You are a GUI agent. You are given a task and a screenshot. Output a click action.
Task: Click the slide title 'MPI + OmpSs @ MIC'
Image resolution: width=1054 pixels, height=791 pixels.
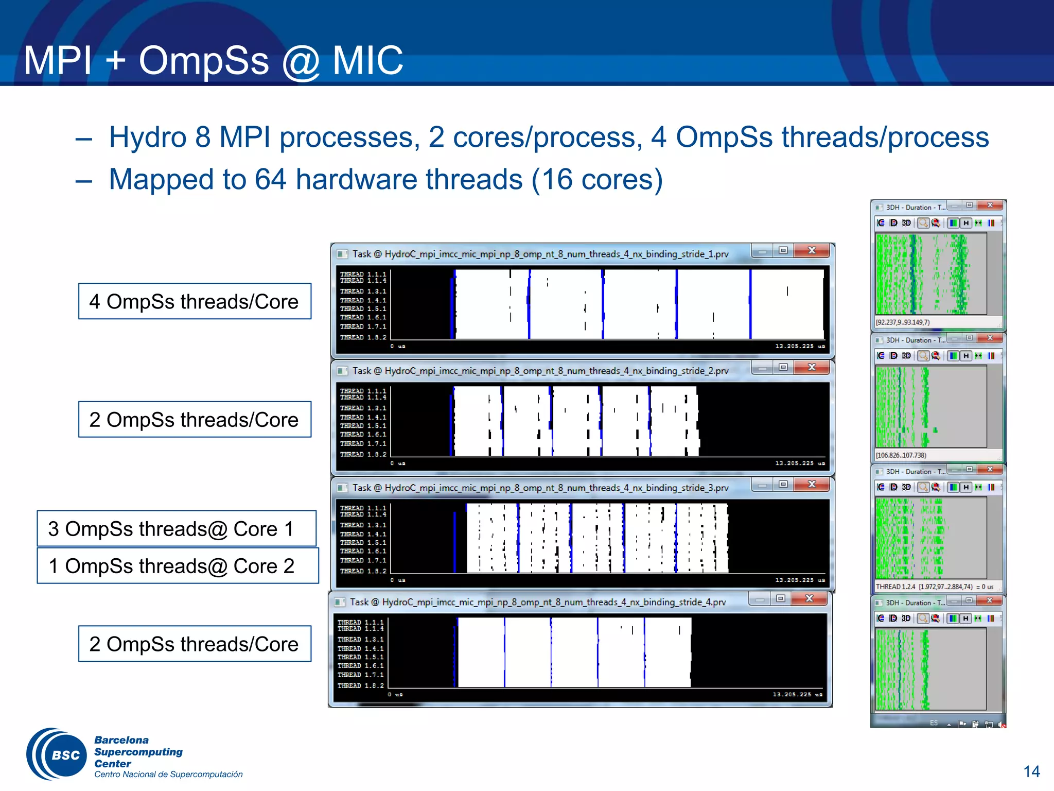213,61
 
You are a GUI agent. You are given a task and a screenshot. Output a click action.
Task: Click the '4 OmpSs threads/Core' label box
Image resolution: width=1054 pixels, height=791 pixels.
195,301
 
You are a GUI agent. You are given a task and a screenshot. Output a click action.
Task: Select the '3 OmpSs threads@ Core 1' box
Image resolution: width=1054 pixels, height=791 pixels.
177,528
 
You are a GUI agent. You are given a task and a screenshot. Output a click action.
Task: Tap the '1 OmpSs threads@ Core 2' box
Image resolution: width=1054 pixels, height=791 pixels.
178,565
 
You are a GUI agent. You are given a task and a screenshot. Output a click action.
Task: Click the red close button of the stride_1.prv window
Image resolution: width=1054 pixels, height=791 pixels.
812,251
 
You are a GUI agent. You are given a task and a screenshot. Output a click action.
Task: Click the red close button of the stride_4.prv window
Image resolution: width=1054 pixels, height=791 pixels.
809,598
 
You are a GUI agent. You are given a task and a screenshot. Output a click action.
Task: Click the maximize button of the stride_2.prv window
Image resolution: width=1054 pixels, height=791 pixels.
783,367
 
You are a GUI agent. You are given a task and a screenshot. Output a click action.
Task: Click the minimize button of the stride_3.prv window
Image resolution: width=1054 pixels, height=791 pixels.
762,485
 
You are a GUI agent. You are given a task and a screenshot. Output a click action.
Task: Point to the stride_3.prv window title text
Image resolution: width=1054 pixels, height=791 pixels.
540,488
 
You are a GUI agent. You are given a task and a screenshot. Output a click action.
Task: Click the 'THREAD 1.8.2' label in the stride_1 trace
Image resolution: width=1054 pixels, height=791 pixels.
363,337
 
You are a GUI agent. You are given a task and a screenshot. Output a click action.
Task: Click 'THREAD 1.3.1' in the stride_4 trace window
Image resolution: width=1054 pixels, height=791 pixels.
360,639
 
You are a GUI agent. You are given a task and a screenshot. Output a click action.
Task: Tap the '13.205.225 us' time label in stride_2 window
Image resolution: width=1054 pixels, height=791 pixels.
800,463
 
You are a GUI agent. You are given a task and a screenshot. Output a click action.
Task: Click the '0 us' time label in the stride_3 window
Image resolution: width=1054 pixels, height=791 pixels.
398,580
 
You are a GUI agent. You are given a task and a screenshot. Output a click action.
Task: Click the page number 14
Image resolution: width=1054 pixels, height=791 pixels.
1031,771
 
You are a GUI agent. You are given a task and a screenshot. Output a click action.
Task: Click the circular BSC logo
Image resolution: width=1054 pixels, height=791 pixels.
58,754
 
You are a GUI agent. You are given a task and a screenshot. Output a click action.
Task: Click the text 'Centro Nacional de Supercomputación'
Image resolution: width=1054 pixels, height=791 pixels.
168,775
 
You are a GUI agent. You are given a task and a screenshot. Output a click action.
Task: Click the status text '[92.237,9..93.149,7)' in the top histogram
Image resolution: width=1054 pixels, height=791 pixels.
903,322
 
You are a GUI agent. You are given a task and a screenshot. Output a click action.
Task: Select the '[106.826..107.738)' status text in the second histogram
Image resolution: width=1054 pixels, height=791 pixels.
901,455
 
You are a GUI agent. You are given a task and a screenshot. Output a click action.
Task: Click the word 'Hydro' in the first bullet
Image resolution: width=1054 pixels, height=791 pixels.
147,137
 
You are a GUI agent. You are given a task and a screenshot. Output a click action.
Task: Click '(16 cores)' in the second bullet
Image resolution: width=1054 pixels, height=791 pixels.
597,180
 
